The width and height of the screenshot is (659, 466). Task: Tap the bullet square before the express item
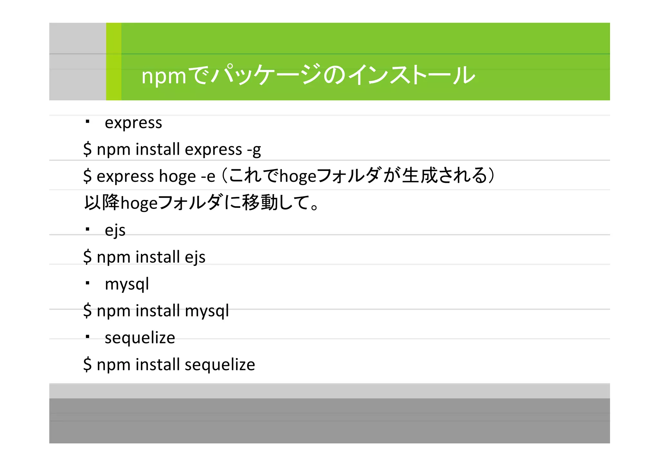pos(87,122)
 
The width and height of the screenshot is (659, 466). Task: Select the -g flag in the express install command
pos(254,150)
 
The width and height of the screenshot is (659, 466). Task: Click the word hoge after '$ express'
pos(177,176)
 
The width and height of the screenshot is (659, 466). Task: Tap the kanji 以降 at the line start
pos(101,203)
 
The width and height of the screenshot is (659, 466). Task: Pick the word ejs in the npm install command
pos(195,257)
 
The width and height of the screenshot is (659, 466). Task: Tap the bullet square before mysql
pos(87,283)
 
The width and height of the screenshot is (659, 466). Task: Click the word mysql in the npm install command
pos(207,311)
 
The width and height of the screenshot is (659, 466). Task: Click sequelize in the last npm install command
pos(220,365)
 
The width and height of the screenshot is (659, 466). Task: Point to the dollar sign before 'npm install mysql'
pos(87,311)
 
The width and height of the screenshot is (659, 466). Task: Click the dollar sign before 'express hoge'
pos(87,176)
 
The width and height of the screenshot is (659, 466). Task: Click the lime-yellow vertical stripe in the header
pos(114,61)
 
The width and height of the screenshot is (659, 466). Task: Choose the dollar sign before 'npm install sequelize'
pos(87,365)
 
